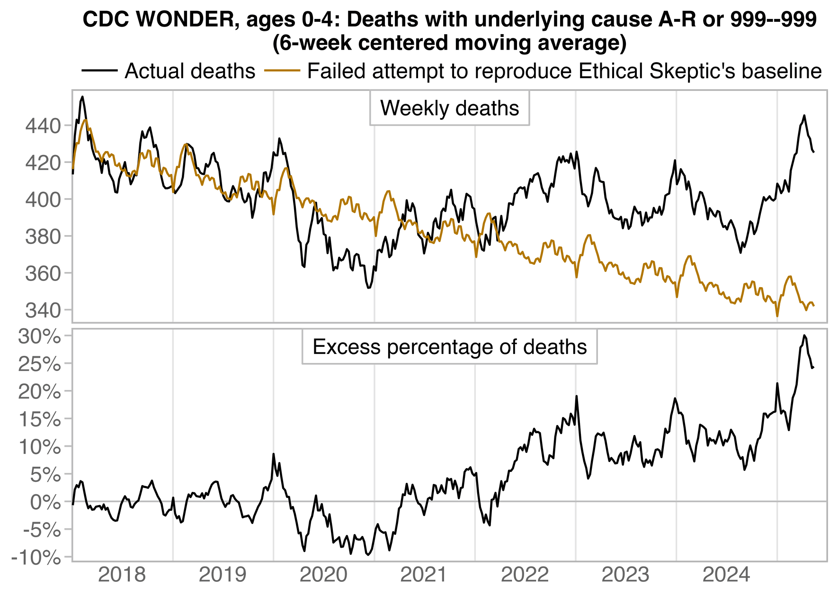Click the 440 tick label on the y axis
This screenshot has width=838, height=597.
[x=43, y=126]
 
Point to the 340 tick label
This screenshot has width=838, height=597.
[x=43, y=310]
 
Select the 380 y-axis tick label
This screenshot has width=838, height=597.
[x=43, y=236]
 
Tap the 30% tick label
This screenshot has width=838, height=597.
[x=39, y=336]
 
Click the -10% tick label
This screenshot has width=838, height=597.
[x=36, y=558]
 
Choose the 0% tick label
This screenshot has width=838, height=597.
[x=45, y=502]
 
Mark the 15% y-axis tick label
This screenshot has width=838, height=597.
[x=39, y=419]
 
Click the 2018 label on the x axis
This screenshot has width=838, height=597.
[x=122, y=575]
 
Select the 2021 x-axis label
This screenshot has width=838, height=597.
[x=424, y=575]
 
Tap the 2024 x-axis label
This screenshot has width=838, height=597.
[x=726, y=575]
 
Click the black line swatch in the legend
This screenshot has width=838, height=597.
[x=99, y=71]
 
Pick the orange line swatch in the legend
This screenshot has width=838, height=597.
[x=282, y=71]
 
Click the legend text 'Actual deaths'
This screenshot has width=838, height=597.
[x=190, y=71]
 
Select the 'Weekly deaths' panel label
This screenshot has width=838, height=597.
[x=449, y=109]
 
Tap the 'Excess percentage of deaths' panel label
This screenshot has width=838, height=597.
[x=449, y=347]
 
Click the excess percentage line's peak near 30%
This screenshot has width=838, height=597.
[x=804, y=335]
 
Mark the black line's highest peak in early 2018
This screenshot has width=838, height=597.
[x=82, y=97]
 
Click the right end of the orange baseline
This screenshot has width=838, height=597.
[x=813, y=306]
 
